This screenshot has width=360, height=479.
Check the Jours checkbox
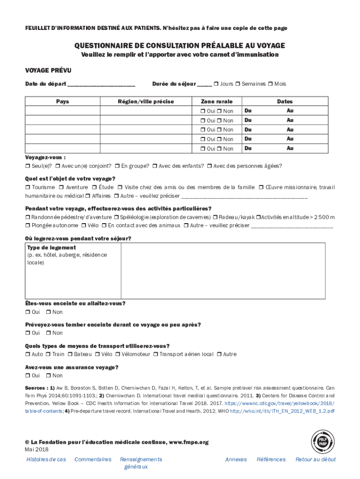point(216,84)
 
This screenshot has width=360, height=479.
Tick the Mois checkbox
point(270,84)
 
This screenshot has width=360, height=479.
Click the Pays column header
point(62,102)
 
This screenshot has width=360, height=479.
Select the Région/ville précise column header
point(145,102)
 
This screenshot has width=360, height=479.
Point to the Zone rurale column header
point(216,102)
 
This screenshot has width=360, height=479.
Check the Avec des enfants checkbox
point(155,166)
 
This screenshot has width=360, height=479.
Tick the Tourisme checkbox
point(28,188)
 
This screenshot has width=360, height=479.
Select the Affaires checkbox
point(88,196)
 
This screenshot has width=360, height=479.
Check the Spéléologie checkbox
point(116,218)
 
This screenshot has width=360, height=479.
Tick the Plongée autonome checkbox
point(28,225)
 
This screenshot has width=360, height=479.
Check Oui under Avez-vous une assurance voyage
point(28,376)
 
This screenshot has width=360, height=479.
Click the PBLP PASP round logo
point(323,442)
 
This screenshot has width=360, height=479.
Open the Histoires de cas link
point(46,459)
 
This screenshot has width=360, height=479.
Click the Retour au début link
point(315,459)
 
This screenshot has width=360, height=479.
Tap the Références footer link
point(271,459)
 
